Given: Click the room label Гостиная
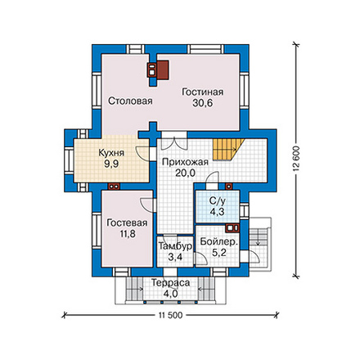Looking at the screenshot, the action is (203, 92).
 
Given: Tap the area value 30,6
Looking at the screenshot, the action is (203, 103).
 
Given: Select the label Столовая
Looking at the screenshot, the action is (130, 101).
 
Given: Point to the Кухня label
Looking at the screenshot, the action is (111, 153).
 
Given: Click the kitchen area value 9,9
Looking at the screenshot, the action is (111, 164).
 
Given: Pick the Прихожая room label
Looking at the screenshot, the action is (185, 162).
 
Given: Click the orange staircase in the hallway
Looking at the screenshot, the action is (227, 150).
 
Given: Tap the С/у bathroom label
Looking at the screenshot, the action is (218, 201).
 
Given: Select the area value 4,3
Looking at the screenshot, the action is (218, 212).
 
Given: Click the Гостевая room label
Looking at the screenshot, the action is (127, 223).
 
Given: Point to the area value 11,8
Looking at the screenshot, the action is (128, 234).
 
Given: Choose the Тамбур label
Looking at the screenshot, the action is (175, 246).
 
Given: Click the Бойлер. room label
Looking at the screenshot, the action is (219, 241).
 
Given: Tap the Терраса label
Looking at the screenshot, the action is (170, 283).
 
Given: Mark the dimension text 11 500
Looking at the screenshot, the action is (170, 315).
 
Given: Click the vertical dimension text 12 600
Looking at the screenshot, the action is (297, 159).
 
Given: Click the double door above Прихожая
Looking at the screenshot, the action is (174, 142).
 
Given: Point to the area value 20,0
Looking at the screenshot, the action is (185, 173).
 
